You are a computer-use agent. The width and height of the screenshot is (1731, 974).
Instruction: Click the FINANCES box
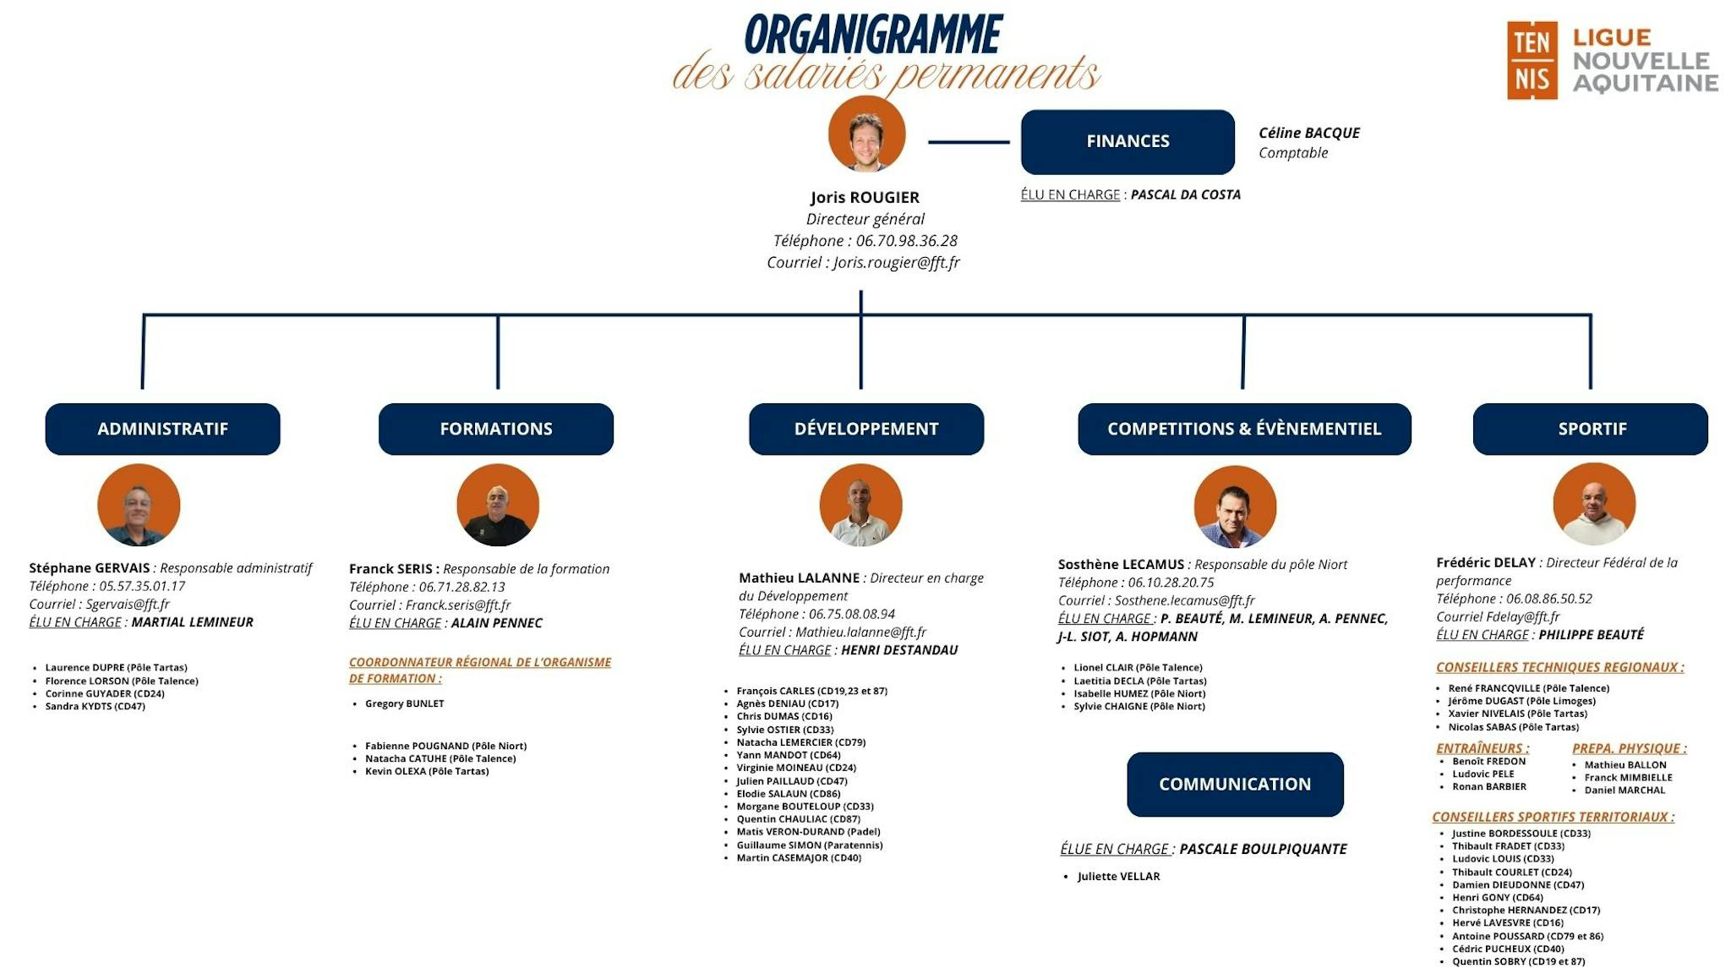(x=1127, y=141)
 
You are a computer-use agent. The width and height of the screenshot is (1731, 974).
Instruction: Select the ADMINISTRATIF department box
(x=162, y=429)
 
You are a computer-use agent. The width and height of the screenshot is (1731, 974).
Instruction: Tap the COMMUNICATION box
(x=1234, y=784)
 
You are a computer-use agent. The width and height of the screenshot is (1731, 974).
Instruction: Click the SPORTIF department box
(x=1590, y=429)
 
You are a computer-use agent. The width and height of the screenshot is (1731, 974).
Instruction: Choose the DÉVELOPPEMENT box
(x=865, y=429)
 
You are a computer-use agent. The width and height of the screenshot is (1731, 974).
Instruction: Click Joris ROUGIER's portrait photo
(x=866, y=134)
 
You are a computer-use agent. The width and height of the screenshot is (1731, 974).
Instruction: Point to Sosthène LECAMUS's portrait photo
(x=1234, y=506)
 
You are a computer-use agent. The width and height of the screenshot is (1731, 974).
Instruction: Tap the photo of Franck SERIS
(x=497, y=505)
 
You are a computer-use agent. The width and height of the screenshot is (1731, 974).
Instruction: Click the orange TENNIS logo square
(x=1532, y=60)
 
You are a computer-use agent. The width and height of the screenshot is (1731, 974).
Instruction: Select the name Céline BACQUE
(x=1308, y=133)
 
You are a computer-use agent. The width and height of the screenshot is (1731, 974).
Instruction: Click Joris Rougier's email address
(x=896, y=262)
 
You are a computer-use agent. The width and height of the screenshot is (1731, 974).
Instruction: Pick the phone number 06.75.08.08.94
(x=851, y=614)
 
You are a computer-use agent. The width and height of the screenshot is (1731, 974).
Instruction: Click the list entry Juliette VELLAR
(x=1118, y=876)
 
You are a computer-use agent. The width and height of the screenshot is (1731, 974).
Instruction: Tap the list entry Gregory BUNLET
(x=404, y=703)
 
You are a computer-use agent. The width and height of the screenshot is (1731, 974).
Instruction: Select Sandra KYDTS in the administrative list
(x=95, y=706)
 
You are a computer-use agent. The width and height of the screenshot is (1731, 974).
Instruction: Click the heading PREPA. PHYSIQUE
(x=1628, y=748)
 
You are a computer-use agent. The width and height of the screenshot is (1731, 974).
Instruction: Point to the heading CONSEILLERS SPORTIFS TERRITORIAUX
(x=1553, y=817)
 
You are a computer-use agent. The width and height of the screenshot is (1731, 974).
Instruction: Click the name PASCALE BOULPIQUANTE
(x=1263, y=849)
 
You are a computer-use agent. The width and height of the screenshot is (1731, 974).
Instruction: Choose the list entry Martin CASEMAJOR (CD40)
(x=798, y=857)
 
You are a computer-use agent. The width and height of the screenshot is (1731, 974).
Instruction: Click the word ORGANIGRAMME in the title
(x=872, y=36)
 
